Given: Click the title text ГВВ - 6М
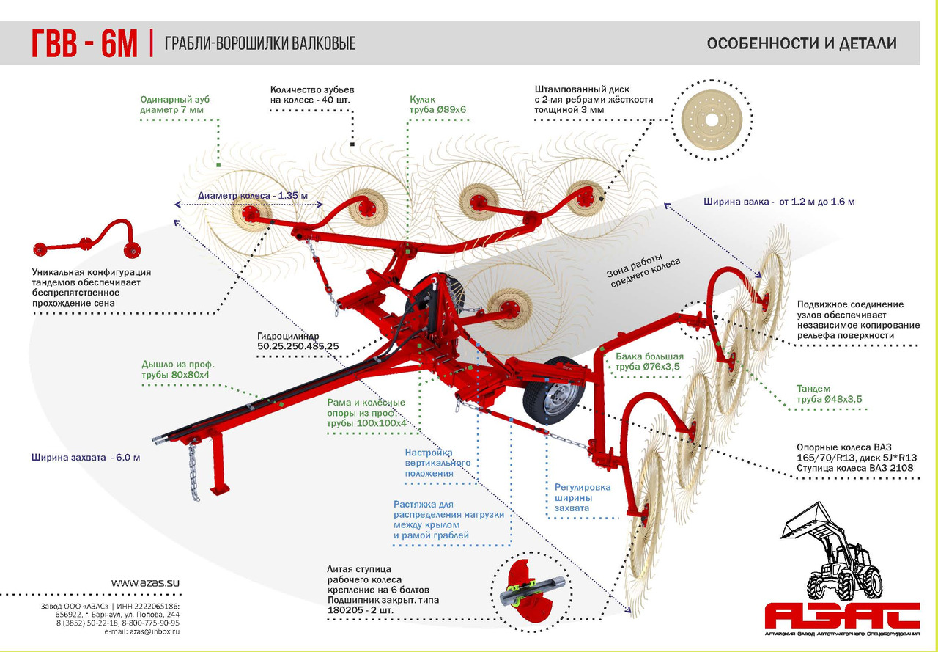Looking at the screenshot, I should [84, 43].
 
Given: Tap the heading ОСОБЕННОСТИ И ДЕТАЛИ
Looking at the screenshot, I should [802, 43].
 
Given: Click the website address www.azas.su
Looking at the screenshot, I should [145, 582].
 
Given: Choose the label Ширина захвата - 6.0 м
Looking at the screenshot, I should [85, 457].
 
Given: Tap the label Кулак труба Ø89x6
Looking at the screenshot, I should [437, 104].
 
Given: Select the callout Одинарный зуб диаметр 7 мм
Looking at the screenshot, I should [172, 104].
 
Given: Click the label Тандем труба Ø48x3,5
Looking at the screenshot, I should [829, 394].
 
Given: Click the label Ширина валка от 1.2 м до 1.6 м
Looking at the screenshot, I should [779, 201].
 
